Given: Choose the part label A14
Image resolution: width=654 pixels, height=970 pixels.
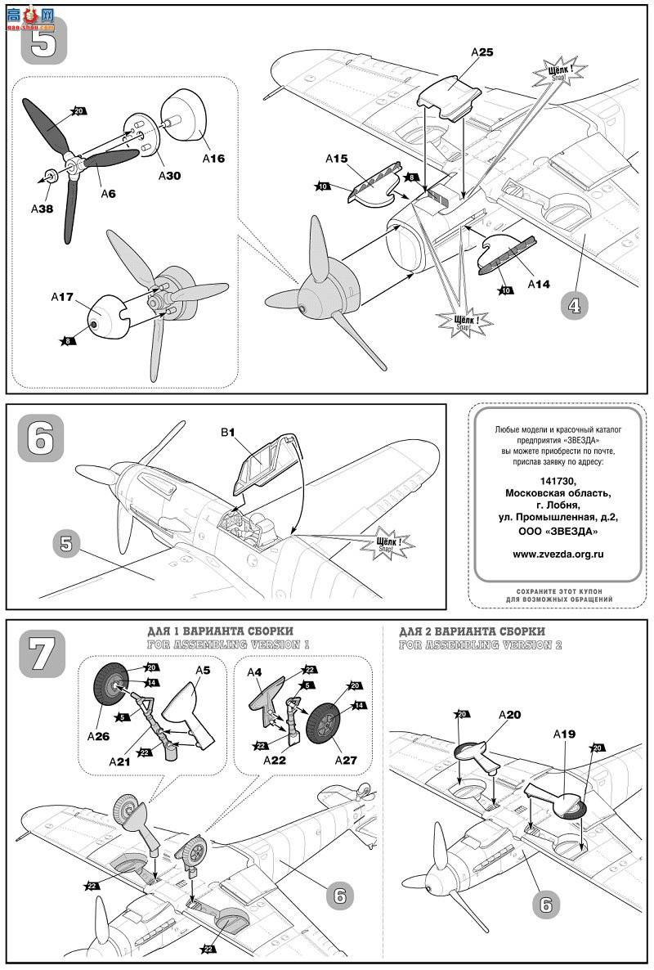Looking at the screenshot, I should tap(539, 284).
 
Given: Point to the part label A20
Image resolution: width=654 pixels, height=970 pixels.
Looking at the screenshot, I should tap(508, 714).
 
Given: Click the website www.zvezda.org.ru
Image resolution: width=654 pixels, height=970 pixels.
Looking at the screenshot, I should tap(558, 553).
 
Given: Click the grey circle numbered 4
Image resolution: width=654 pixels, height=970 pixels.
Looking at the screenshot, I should tap(576, 306).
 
